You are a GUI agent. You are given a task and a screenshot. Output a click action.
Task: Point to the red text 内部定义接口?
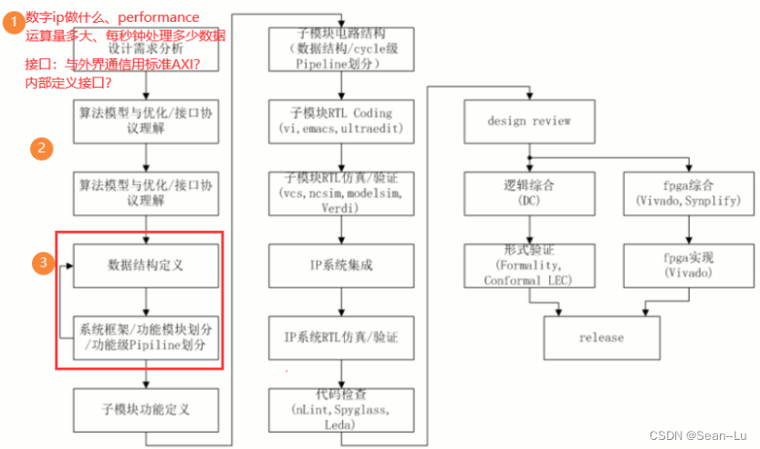click(69, 83)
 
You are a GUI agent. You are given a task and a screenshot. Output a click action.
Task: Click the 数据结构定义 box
click(147, 266)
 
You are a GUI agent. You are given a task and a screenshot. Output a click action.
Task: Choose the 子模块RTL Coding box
click(342, 120)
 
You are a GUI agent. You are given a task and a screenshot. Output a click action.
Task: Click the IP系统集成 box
click(342, 266)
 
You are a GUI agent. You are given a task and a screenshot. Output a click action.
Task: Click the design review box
click(529, 120)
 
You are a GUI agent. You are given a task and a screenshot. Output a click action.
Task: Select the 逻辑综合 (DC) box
click(529, 193)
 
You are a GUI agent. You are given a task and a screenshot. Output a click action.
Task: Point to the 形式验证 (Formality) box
click(529, 266)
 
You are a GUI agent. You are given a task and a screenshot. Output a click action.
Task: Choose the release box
click(601, 338)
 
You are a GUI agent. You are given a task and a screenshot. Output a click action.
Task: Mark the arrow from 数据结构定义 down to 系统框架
click(147, 300)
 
